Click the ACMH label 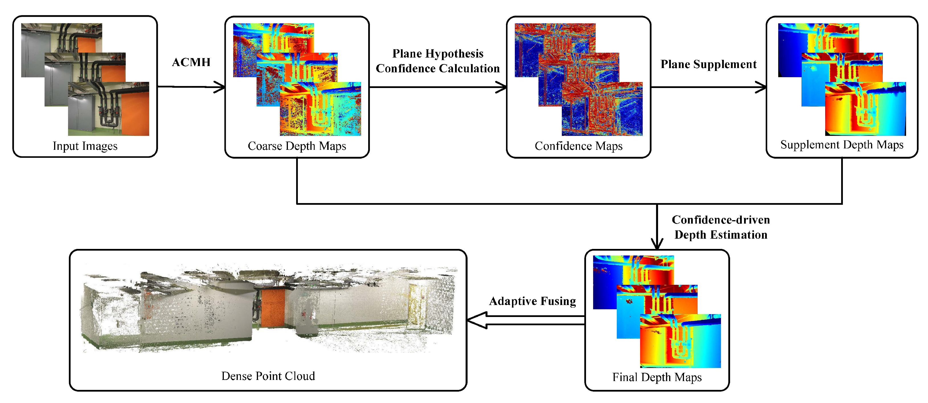click(191, 62)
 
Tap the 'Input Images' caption click(85, 146)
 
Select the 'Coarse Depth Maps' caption click(297, 146)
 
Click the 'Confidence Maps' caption click(579, 146)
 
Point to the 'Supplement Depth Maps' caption click(842, 145)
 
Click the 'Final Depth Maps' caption click(657, 377)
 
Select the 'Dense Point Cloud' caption click(268, 376)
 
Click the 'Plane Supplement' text click(708, 64)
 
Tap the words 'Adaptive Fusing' click(532, 301)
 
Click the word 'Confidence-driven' click(721, 220)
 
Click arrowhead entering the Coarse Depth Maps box click(220, 87)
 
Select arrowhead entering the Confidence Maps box click(501, 87)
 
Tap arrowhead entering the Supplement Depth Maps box click(761, 87)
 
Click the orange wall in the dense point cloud click(273, 308)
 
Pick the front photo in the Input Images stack click(108, 109)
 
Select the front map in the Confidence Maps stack click(602, 109)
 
